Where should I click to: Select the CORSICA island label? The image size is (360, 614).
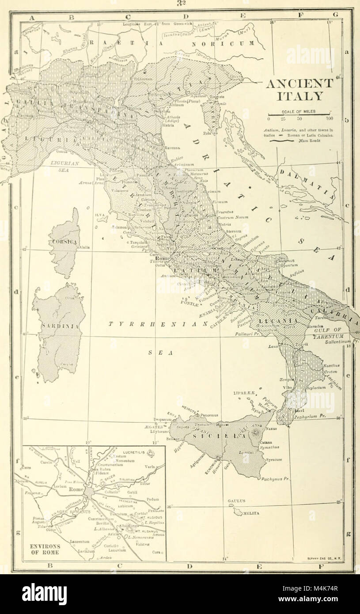pyautogui.click(x=64, y=243)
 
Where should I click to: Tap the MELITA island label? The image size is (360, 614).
pyautogui.click(x=249, y=513)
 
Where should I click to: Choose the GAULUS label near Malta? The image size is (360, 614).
pyautogui.click(x=236, y=501)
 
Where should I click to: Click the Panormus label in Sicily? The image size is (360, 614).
pyautogui.click(x=211, y=415)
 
